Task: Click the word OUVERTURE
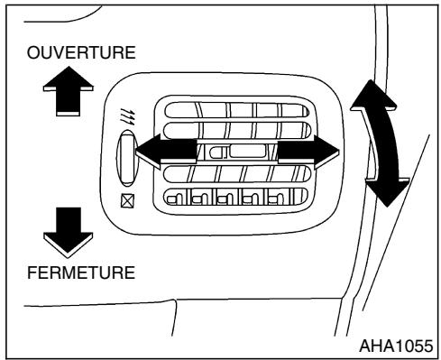81,52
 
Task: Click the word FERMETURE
81,272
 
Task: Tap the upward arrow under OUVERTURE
69,91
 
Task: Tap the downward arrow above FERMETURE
68,233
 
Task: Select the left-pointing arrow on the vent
167,151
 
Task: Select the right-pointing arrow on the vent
308,152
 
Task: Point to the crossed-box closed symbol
127,200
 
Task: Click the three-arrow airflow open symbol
128,115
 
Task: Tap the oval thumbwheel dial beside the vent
127,159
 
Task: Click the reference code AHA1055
396,346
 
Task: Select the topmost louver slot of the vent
237,110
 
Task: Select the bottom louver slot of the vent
236,197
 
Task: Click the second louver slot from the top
237,130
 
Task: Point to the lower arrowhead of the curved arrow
388,192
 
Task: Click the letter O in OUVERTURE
33,52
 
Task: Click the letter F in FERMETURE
32,272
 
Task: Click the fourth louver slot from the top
237,174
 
